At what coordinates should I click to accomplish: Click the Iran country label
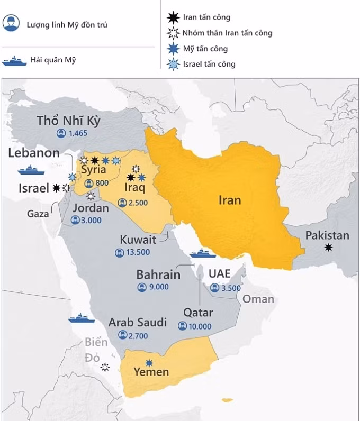(229, 200)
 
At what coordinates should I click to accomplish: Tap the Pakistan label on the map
(327, 235)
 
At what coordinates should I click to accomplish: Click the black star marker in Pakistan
(329, 248)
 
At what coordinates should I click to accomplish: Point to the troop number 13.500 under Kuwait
(138, 252)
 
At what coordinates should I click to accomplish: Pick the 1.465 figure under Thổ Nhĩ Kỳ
(77, 133)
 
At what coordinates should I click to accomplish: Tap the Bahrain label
(158, 274)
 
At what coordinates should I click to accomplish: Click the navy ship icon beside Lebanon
(31, 170)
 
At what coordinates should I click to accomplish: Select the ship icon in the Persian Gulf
(203, 254)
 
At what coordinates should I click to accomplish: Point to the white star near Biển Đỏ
(105, 367)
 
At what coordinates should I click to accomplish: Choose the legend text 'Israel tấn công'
(209, 64)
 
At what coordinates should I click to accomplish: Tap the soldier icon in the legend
(11, 23)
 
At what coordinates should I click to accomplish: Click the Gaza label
(38, 214)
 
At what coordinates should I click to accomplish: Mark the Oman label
(258, 299)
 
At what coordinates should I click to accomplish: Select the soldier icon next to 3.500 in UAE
(214, 288)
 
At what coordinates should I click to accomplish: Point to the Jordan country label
(91, 208)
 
